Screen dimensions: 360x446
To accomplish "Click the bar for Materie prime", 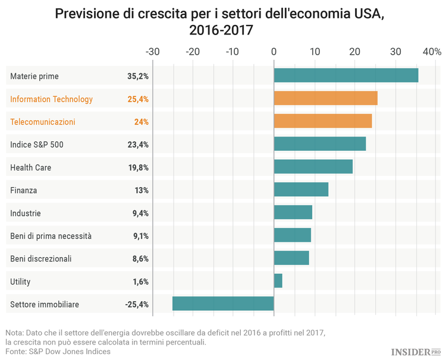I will [x=346, y=75].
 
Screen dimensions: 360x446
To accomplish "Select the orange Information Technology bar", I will [x=325, y=99].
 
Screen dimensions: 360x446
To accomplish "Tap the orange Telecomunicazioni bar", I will [x=322, y=121].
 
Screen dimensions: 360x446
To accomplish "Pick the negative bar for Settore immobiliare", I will [x=223, y=304].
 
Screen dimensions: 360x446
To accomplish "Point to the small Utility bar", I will [x=278, y=280].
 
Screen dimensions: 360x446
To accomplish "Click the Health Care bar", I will [x=313, y=167].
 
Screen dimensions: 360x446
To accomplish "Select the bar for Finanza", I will [x=301, y=190].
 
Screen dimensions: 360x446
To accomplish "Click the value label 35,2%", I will [x=137, y=76].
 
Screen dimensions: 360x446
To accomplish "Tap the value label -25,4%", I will [x=137, y=304].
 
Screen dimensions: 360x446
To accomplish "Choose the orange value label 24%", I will [x=141, y=122].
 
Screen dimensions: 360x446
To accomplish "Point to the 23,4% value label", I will [x=137, y=144].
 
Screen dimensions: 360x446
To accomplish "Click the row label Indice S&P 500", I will [x=37, y=144].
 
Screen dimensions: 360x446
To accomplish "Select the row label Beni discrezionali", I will [x=41, y=258].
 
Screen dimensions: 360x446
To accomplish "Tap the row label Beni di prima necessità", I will [x=51, y=236].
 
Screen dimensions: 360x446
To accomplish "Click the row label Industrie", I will [x=26, y=213].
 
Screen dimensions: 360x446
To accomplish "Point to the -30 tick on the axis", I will [x=152, y=52].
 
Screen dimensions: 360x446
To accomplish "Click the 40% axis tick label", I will [x=431, y=52].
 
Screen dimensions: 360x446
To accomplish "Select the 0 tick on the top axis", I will [x=274, y=52].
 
